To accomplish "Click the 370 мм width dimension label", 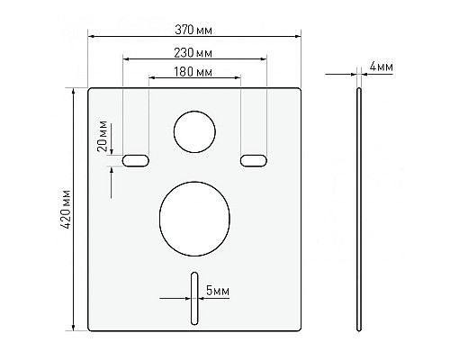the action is tap(193, 30).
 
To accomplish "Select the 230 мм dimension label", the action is tap(193, 53).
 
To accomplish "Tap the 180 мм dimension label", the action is tap(193, 72).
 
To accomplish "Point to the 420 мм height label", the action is tap(66, 209).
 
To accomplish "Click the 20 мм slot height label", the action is tap(103, 136).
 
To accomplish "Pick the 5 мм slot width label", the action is tap(218, 291).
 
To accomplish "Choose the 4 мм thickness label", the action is tap(381, 67).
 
